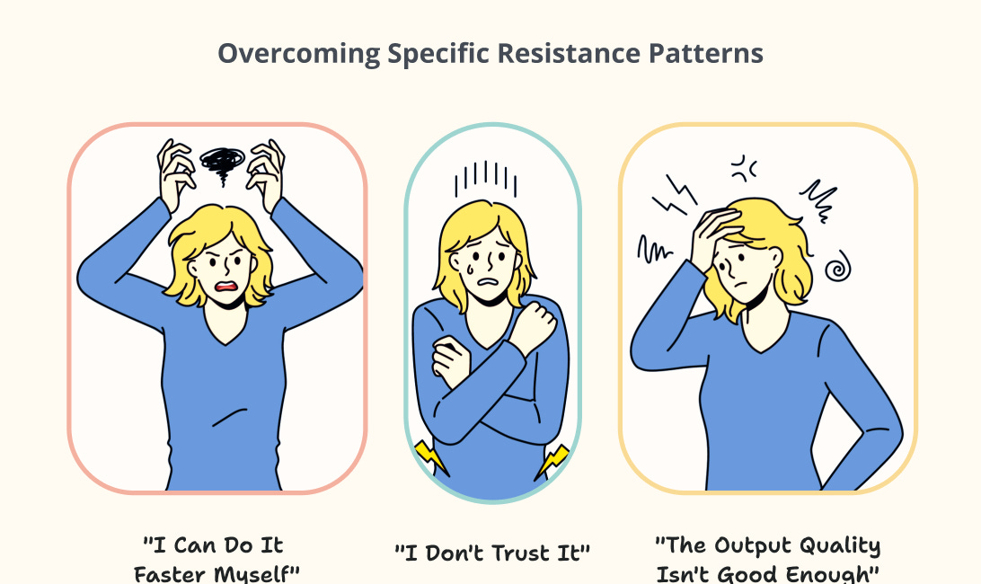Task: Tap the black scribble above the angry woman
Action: click(x=222, y=161)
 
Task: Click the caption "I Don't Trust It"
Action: click(x=492, y=553)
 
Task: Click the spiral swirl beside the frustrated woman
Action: click(x=837, y=267)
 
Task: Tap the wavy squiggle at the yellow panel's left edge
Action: click(x=652, y=248)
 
